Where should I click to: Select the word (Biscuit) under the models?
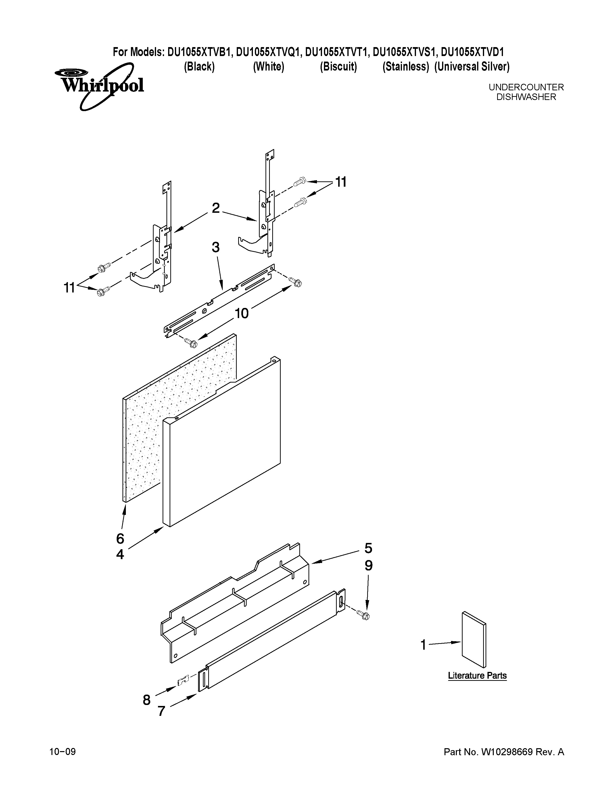click(338, 67)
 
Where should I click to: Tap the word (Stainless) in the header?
click(405, 67)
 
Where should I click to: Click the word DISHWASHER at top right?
click(526, 97)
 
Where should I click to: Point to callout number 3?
click(216, 247)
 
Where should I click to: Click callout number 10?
click(241, 313)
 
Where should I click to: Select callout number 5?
click(368, 548)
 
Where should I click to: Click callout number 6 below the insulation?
click(120, 539)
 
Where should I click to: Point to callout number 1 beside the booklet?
click(423, 645)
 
